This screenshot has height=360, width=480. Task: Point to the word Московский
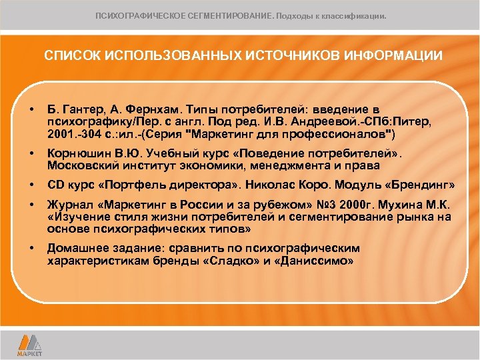coord(81,166)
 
